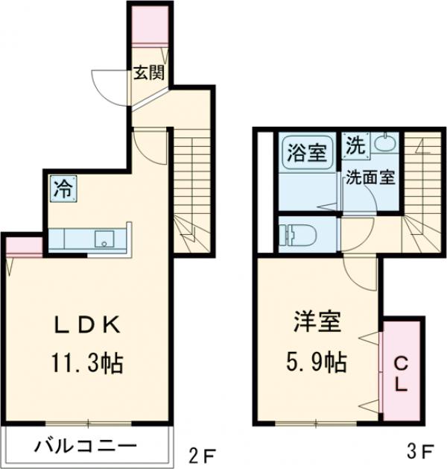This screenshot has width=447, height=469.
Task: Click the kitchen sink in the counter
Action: [x=104, y=239]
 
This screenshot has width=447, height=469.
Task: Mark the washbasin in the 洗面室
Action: [x=384, y=143]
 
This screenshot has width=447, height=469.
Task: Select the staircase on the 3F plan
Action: [x=420, y=186]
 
